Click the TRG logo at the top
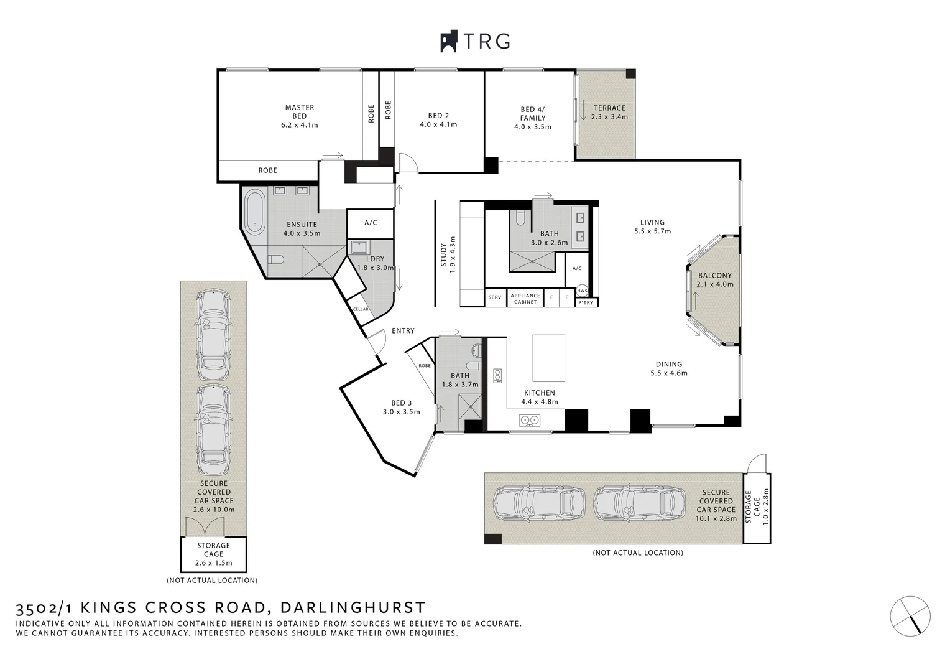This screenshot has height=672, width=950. point(476,41)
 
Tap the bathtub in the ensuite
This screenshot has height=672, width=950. point(254,212)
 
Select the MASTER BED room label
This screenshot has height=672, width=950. point(299,116)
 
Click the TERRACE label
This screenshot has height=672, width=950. point(609,108)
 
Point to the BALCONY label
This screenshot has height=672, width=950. point(714,276)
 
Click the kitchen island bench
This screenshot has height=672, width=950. point(548,358)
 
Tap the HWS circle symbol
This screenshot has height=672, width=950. point(582,291)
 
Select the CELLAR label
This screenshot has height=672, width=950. point(361,309)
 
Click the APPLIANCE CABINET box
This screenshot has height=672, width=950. point(525,299)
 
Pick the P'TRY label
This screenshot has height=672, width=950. point(586,302)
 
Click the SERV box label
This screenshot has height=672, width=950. point(495,297)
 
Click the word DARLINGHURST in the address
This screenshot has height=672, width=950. point(353,607)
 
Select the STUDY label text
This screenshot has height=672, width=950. point(444,255)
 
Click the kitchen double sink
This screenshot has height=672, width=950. point(529,421)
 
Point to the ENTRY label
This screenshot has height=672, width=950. point(403,331)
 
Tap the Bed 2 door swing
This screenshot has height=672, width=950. point(408,162)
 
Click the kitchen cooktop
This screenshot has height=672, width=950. point(497,375)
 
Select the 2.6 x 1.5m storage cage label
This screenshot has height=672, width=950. point(213,554)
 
